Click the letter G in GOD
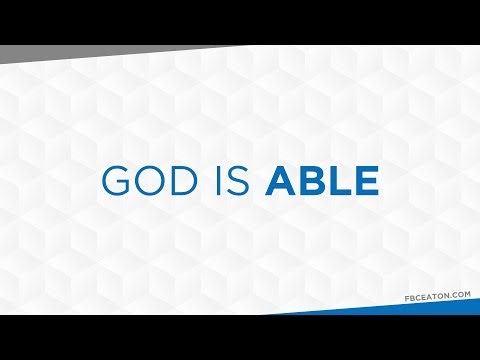[x=118, y=180]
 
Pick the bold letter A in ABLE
[x=283, y=180]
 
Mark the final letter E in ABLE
[x=367, y=180]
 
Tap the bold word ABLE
[x=324, y=180]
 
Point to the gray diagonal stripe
[x=60, y=53]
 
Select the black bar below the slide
[x=240, y=337]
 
